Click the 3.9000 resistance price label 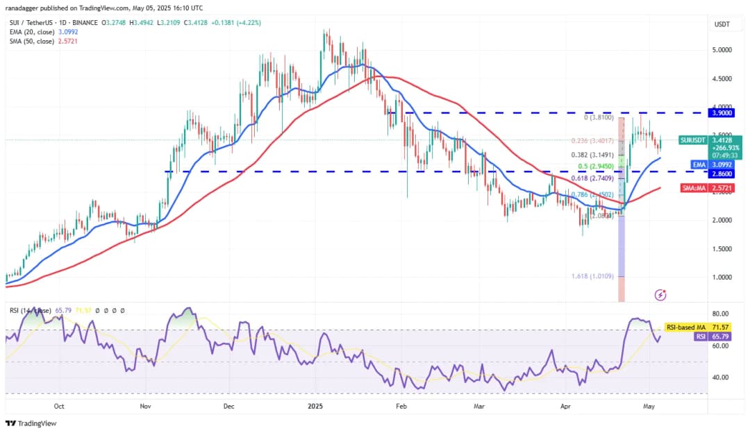coord(724,112)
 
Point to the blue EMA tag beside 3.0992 coord(699,164)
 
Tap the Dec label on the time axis coord(229,407)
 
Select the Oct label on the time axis coord(59,407)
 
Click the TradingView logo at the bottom coord(31,423)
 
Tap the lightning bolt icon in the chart coord(660,295)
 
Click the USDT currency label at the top coord(722,24)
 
